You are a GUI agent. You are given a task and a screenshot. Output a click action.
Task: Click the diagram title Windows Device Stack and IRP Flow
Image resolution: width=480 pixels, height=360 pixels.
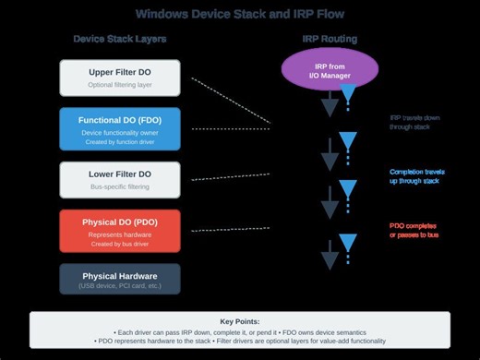pyautogui.click(x=240, y=14)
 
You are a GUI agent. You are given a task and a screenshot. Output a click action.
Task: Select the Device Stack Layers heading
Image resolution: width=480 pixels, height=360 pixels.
pyautogui.click(x=120, y=39)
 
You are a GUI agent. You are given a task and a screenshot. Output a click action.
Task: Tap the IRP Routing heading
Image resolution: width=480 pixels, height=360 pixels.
pyautogui.click(x=330, y=39)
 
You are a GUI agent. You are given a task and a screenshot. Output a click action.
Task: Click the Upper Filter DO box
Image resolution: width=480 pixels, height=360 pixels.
pyautogui.click(x=120, y=78)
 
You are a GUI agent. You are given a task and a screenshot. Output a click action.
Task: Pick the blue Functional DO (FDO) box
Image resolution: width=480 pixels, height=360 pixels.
pyautogui.click(x=120, y=128)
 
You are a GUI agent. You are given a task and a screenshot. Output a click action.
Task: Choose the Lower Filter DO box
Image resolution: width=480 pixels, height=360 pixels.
pyautogui.click(x=120, y=179)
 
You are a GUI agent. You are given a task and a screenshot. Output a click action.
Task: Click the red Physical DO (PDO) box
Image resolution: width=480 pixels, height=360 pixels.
pyautogui.click(x=120, y=230)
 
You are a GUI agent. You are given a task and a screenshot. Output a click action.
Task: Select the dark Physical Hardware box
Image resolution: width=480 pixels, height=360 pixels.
pyautogui.click(x=120, y=280)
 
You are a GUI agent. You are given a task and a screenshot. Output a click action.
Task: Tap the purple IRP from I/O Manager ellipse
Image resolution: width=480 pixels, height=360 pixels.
pyautogui.click(x=330, y=70)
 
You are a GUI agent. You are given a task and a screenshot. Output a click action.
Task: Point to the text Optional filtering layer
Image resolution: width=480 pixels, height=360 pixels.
pyautogui.click(x=120, y=85)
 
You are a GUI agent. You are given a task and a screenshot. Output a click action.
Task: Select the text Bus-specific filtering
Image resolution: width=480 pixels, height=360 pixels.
pyautogui.click(x=120, y=186)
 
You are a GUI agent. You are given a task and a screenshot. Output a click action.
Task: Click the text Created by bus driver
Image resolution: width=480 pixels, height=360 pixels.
pyautogui.click(x=120, y=243)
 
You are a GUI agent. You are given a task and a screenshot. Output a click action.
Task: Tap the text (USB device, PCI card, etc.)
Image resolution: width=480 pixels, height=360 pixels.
pyautogui.click(x=120, y=287)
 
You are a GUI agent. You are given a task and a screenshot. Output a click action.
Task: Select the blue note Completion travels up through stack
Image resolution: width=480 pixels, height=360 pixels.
pyautogui.click(x=420, y=175)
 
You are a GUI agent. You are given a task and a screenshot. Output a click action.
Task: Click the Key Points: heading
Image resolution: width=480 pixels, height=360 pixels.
pyautogui.click(x=240, y=320)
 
